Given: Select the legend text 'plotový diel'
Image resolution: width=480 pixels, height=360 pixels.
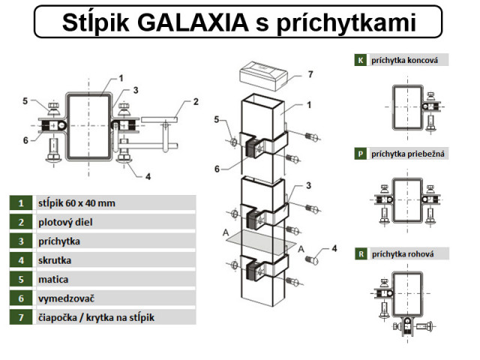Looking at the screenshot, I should [x=64, y=223].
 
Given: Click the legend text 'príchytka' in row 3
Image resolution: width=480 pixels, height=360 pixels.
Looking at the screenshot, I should [x=58, y=241].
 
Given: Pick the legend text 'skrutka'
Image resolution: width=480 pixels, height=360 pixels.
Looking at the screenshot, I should [x=54, y=261].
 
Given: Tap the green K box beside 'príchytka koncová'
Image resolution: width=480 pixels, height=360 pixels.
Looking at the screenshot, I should [x=361, y=60].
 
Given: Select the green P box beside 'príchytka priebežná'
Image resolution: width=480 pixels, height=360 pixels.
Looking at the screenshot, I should [x=361, y=154].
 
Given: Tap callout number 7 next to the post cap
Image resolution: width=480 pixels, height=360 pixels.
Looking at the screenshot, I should [x=309, y=75].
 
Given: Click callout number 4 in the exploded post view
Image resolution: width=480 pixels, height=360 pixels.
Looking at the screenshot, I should [x=334, y=248].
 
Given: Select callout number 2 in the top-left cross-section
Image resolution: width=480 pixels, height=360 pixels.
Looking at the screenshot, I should [x=196, y=102].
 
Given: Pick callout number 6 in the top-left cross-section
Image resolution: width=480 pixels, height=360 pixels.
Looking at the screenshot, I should [x=25, y=140].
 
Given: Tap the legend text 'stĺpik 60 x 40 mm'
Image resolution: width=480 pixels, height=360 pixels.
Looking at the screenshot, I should [x=76, y=203].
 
